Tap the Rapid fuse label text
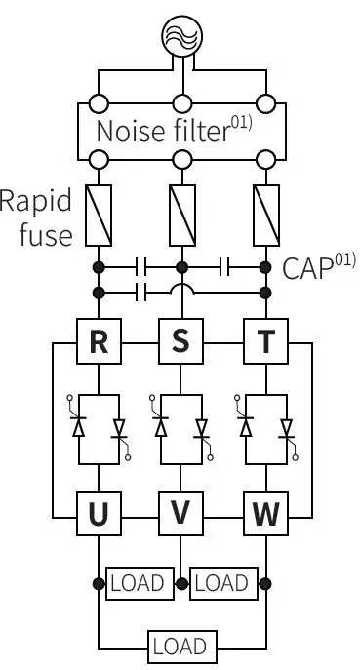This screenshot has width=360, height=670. click(37, 218)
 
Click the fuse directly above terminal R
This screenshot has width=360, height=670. click(98, 217)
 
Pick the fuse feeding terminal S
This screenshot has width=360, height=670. click(180, 217)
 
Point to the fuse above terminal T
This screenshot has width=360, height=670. click(264, 217)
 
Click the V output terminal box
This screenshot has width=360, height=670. click(180, 512)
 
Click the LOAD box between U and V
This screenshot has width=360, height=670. click(140, 583)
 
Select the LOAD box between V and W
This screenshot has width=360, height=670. click(222, 583)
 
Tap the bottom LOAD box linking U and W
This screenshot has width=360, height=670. click(180, 646)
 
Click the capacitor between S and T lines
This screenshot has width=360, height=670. click(223, 265)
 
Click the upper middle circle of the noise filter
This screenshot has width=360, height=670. click(180, 103)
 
